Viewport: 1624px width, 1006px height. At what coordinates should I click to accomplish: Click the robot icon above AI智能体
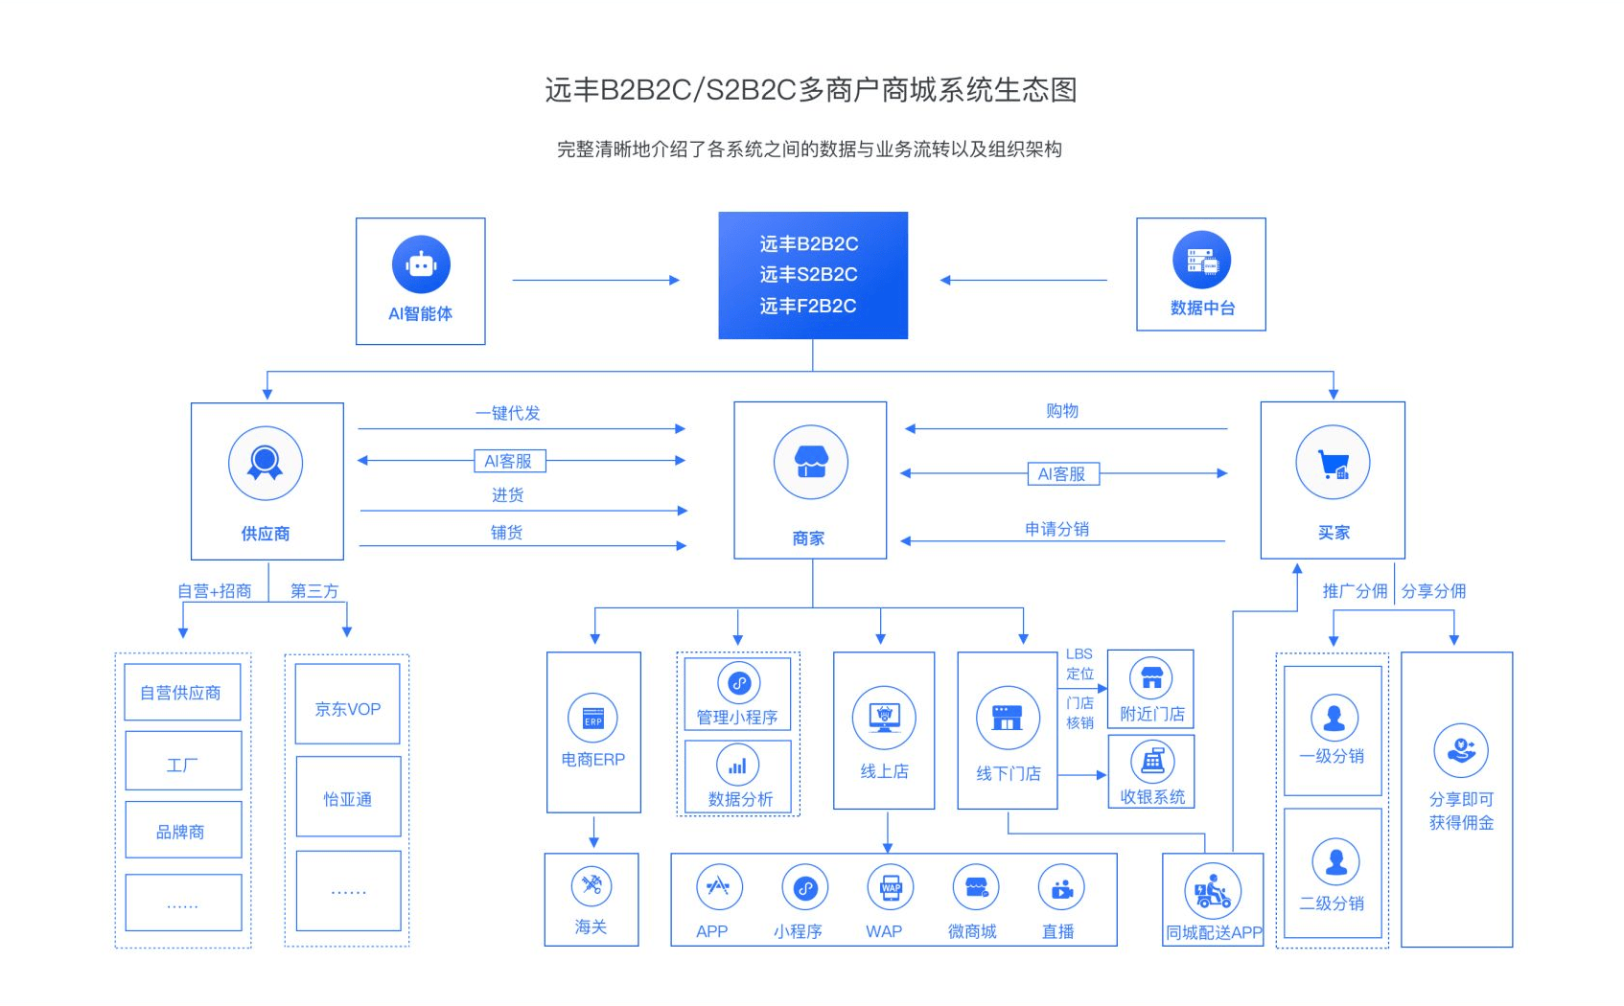click(421, 263)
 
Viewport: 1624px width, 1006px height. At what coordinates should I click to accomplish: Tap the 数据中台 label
click(1202, 308)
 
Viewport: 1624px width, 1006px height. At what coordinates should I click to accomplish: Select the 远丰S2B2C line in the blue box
click(808, 275)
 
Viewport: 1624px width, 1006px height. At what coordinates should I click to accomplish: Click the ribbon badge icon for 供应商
click(266, 463)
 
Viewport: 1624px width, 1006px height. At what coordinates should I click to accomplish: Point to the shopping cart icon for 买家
click(1333, 464)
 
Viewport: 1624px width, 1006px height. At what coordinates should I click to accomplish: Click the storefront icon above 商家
click(811, 462)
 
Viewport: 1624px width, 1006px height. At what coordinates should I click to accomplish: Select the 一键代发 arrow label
click(508, 413)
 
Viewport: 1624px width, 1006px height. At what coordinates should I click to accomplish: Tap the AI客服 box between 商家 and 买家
click(1061, 474)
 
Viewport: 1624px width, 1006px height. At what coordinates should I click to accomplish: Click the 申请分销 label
click(1056, 529)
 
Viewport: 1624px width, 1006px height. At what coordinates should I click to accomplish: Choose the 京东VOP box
click(347, 709)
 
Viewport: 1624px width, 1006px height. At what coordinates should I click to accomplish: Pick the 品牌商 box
click(182, 831)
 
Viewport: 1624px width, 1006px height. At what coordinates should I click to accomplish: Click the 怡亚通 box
click(347, 799)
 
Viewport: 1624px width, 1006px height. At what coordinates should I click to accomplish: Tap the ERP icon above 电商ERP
click(592, 718)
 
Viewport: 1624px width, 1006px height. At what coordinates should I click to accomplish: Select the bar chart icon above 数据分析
click(737, 766)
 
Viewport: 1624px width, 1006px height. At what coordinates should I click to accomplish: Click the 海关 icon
click(592, 885)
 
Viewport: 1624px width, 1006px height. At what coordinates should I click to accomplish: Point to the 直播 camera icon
click(1061, 888)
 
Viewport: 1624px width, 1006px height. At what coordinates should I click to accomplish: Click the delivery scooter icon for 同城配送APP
click(1213, 891)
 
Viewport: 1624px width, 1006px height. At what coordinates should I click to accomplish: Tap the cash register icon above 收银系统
click(1152, 762)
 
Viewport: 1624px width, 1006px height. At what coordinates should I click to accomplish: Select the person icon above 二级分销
click(1335, 861)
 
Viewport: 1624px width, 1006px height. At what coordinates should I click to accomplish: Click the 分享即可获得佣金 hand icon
click(1461, 749)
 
